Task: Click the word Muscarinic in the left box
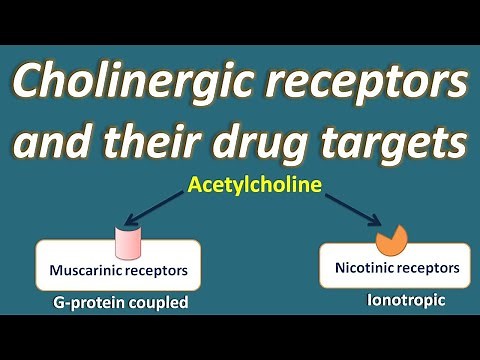86,270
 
